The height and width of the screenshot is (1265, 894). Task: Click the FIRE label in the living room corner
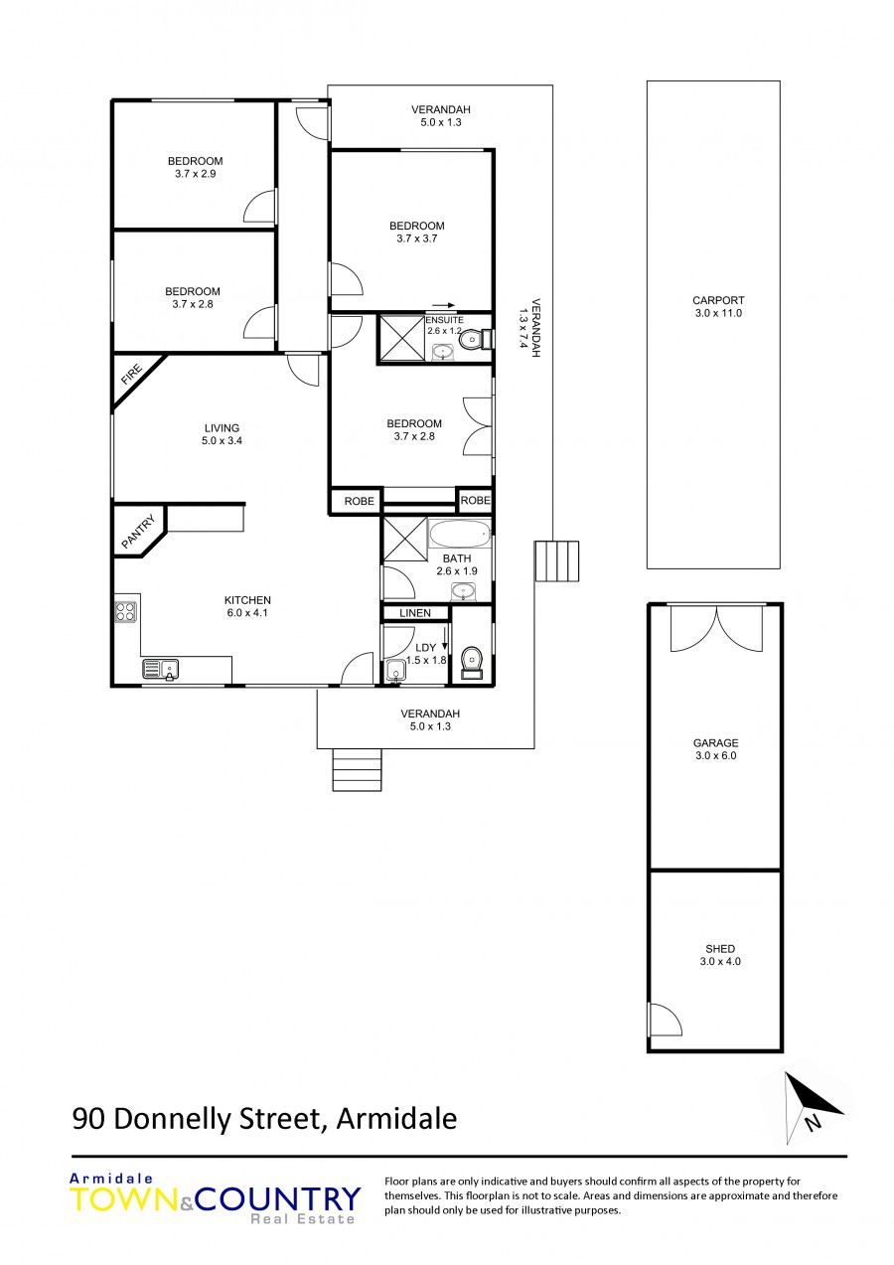(x=131, y=376)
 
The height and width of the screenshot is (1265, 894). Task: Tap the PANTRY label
(x=138, y=531)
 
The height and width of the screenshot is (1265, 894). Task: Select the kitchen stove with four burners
(x=126, y=611)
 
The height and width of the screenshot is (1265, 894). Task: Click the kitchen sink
(x=160, y=669)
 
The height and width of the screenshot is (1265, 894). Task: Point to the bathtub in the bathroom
(x=459, y=533)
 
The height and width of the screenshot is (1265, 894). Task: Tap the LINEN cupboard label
(x=415, y=613)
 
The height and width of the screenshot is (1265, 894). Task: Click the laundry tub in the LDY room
(x=396, y=672)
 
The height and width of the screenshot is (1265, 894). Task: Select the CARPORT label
(x=718, y=300)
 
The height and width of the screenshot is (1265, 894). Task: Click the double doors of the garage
(x=717, y=628)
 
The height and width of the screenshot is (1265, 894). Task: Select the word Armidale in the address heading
(x=396, y=1118)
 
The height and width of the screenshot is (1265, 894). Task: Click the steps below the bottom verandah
(x=358, y=769)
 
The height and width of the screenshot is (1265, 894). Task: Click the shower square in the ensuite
(x=401, y=338)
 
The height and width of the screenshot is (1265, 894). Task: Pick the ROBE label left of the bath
(x=359, y=501)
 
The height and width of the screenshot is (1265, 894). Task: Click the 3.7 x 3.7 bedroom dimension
(x=416, y=238)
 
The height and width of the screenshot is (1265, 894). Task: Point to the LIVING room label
(x=222, y=428)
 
